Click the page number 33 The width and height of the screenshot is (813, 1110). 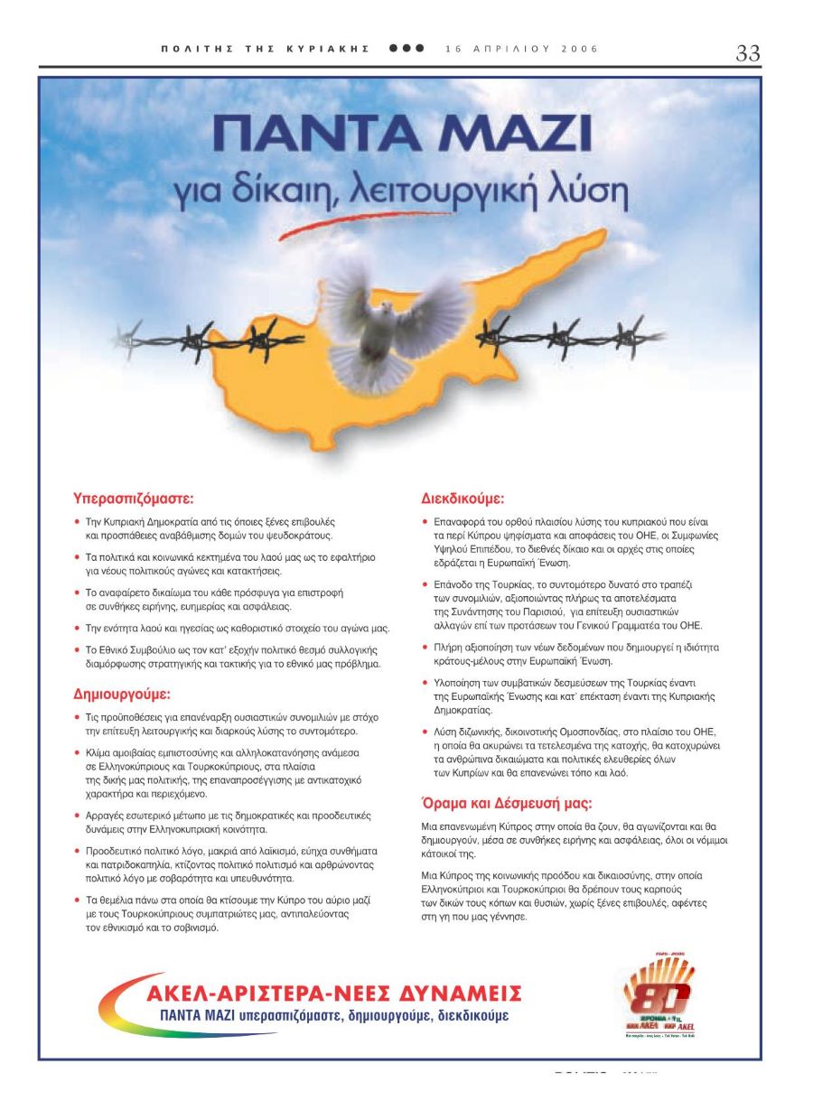[747, 53]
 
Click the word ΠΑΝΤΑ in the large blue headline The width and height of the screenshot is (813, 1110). [315, 135]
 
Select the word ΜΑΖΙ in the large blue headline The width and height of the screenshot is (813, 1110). [509, 135]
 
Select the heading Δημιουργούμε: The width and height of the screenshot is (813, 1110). [121, 695]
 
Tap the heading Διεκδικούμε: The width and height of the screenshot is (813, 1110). [463, 498]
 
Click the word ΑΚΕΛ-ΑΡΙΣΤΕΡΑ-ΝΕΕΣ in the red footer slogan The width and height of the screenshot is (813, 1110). [266, 994]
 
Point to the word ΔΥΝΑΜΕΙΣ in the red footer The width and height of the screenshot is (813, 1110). [458, 994]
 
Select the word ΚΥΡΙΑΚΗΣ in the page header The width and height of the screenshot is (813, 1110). [335, 49]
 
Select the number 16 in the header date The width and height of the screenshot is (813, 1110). [453, 49]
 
